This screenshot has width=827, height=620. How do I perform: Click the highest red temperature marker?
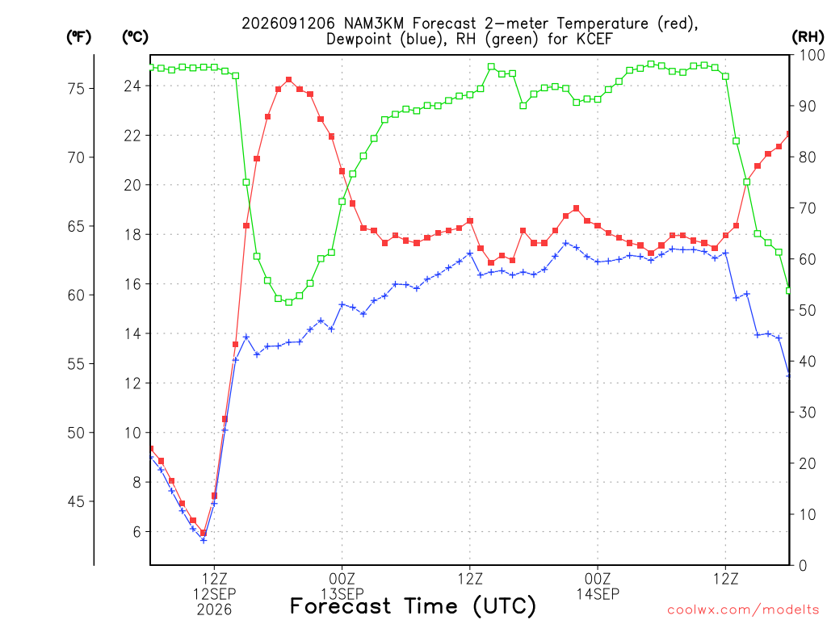click(x=288, y=80)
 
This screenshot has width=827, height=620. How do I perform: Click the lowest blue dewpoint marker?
click(x=204, y=540)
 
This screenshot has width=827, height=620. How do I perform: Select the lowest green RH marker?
click(x=288, y=302)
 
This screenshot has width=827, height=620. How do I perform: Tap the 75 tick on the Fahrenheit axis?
click(x=76, y=89)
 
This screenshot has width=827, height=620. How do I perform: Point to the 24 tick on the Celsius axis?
click(x=132, y=86)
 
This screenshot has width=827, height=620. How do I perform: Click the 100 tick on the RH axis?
click(x=812, y=55)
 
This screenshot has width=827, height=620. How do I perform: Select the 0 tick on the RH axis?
click(x=803, y=565)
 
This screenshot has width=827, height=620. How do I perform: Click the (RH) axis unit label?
click(x=808, y=36)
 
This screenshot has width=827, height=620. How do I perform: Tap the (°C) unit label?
click(x=135, y=36)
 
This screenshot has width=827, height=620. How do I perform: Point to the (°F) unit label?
click(x=78, y=36)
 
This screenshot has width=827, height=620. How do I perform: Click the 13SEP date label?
click(x=342, y=594)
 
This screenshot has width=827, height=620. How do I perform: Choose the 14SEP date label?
click(x=598, y=594)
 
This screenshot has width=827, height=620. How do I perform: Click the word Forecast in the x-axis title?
click(x=341, y=606)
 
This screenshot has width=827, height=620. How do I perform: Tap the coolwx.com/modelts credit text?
click(x=743, y=610)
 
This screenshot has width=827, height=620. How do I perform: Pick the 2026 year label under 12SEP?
click(x=214, y=610)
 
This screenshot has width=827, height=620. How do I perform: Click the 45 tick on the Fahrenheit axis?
click(x=76, y=501)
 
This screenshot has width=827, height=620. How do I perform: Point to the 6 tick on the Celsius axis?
click(x=137, y=531)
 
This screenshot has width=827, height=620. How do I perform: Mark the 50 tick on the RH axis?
click(x=808, y=310)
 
